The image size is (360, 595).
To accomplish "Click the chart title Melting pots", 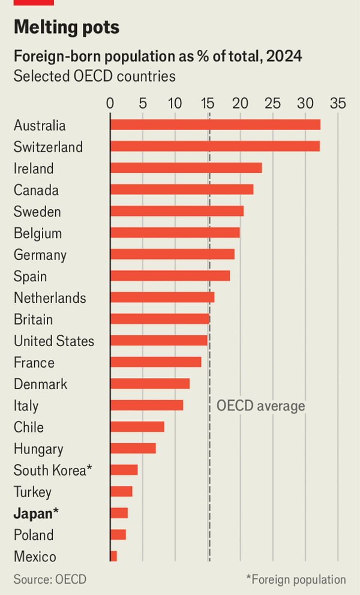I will coord(67,28).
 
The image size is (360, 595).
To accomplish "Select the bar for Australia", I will coord(215,125).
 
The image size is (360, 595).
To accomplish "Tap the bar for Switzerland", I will coord(215,146).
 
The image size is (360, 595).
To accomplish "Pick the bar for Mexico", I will coord(113,557).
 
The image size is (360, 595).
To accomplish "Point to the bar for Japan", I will coord(119,513).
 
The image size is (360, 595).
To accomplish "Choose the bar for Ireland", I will coord(186,168).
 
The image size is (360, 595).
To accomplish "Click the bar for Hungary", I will coord(133,449).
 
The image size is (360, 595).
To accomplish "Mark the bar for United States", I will coord(158,341).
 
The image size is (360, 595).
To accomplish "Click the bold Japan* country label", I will coord(37,513).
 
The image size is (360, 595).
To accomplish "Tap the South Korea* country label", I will coord(53,470).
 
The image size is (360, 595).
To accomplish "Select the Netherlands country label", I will coord(50,298).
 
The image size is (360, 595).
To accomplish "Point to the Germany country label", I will coord(40,255).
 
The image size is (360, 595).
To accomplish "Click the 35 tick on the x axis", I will coord(338,103).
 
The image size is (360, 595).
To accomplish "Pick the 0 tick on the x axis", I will coord(110,103).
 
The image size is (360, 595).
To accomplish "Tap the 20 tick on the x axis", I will coord(240,103).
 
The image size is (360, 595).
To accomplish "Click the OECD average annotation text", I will coord(260,406).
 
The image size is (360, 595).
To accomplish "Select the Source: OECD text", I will coord(50,579).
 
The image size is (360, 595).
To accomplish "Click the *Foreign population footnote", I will coord(296,579).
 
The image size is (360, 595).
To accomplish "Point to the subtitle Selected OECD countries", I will coord(94,77).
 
